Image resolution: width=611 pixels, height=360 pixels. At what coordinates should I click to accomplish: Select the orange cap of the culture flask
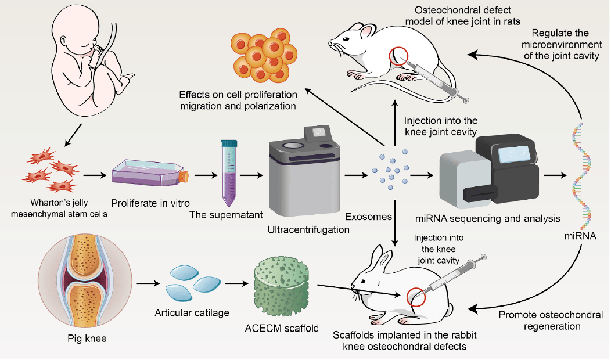184,177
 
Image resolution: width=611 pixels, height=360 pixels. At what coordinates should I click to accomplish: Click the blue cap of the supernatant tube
229,144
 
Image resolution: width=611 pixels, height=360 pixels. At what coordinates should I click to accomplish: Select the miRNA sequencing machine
489,169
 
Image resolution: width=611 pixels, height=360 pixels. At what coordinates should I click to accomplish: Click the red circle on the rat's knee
398,56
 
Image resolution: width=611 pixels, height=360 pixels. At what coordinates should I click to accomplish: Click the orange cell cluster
264,55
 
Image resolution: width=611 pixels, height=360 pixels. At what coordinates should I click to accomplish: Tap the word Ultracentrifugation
308,229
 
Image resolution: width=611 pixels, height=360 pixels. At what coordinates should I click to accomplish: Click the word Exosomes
368,217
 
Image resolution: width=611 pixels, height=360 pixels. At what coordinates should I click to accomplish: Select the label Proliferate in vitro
150,203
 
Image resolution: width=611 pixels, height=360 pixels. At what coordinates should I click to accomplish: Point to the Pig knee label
87,338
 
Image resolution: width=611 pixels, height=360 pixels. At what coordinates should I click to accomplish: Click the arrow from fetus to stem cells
73,135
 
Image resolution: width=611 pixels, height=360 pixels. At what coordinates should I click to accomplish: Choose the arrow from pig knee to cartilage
149,283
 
